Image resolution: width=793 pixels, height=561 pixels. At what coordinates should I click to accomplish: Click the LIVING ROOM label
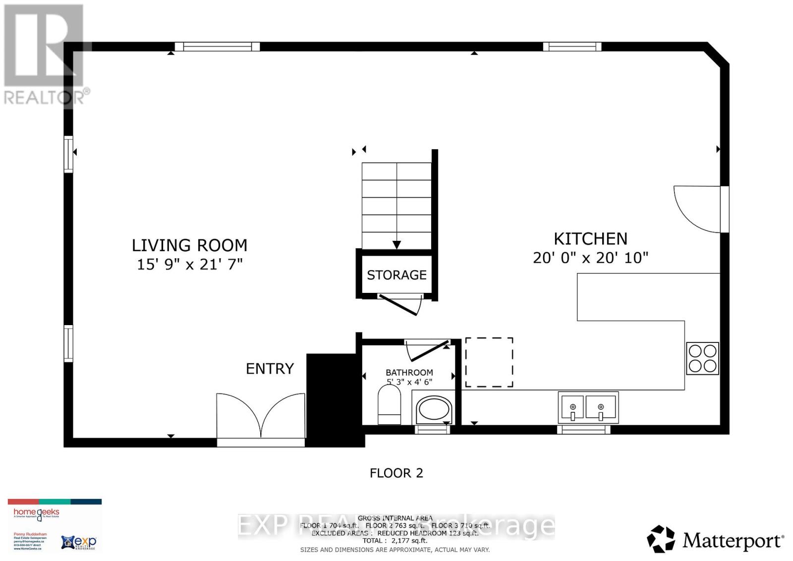[x=189, y=245]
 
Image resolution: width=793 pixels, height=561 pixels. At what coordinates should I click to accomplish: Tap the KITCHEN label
[x=590, y=239]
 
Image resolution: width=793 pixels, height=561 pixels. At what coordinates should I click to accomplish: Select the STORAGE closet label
[x=396, y=275]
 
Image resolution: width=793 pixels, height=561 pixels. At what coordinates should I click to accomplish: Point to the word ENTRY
[x=270, y=369]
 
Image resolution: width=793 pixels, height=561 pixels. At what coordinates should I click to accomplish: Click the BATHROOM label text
[x=409, y=372]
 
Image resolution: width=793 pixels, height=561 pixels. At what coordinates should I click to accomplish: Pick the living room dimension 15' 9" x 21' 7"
[x=189, y=264]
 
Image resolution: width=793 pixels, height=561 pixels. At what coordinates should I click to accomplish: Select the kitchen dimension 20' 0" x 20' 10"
[x=590, y=258]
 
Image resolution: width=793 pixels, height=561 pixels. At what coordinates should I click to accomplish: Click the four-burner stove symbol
[x=702, y=358]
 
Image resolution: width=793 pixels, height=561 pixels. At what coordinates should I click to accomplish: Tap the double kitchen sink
[x=588, y=406]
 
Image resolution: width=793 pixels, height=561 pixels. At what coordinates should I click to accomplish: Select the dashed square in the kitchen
[x=489, y=362]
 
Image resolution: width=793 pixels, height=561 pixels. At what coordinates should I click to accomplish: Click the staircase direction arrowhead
[x=396, y=245]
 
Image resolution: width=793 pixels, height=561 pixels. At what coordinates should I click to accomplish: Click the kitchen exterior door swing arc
[x=696, y=208]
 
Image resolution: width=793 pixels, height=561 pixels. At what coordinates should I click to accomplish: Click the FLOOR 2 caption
[x=396, y=473]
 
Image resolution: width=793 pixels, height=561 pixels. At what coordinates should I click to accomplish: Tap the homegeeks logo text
[x=36, y=512]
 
